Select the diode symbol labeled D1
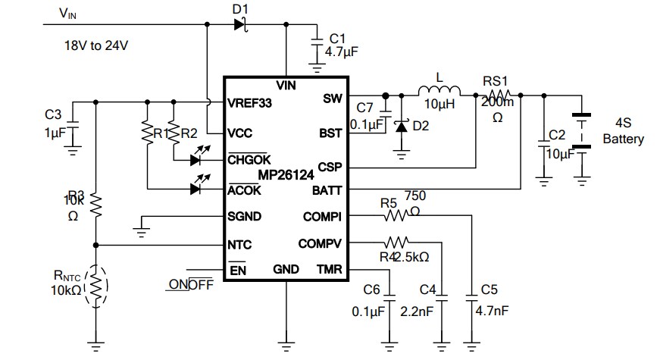(240, 24)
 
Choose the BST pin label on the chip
(330, 133)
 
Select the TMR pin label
(329, 269)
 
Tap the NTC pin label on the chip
(240, 245)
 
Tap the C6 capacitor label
(371, 290)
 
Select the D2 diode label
(421, 126)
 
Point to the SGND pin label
(245, 216)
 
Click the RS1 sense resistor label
(496, 82)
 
